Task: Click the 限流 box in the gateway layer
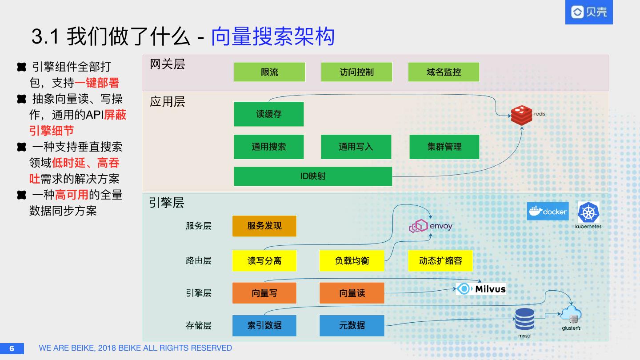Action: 269,72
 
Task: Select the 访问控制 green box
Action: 356,72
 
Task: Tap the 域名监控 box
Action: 444,72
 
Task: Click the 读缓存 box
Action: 268,114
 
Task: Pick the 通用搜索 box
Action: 268,147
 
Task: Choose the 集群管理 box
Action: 444,147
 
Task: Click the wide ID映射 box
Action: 313,176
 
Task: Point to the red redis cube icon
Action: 521,115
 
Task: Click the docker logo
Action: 548,211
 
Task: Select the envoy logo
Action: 430,226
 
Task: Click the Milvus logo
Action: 481,289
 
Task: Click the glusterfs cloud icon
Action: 571,315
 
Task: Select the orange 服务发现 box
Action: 264,226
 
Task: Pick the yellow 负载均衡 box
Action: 352,260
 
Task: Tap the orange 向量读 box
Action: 352,293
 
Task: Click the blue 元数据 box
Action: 352,325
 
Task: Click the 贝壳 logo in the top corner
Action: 589,12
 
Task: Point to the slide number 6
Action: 12,348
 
